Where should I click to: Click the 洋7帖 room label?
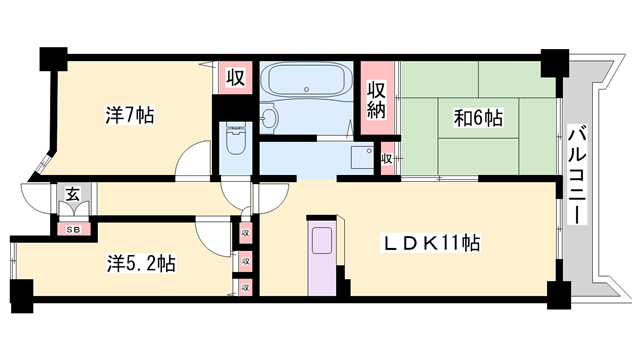coord(129,115)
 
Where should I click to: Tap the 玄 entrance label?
coord(73,195)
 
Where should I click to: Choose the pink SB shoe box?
coord(73,229)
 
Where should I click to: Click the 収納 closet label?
coord(376,100)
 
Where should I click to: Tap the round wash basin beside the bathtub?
coord(270,118)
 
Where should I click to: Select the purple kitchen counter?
coord(323,254)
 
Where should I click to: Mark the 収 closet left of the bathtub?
coord(235,78)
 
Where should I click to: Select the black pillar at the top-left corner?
coord(51,57)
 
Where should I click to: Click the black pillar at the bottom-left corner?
coord(21,294)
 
